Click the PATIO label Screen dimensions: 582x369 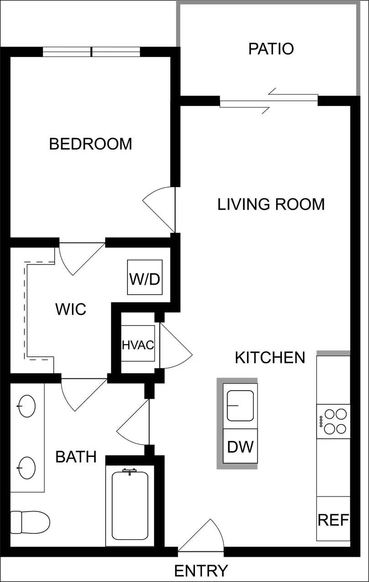(x=271, y=49)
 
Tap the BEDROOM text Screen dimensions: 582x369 (x=90, y=144)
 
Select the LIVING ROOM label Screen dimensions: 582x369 (x=271, y=204)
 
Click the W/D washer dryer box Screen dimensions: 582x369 (x=144, y=277)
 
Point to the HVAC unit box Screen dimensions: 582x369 (x=138, y=344)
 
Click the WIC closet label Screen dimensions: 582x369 (x=71, y=309)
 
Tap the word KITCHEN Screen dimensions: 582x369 (x=270, y=357)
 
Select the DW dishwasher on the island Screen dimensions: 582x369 (x=240, y=447)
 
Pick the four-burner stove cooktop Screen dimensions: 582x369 (x=333, y=421)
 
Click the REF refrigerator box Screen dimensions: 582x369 (x=333, y=519)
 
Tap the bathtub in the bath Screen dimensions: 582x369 (x=130, y=505)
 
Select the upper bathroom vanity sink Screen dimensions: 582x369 (x=26, y=405)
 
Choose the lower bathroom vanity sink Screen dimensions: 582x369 (x=26, y=467)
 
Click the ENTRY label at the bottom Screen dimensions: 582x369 (x=201, y=570)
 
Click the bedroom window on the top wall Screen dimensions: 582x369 (x=91, y=52)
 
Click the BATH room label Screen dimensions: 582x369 (x=76, y=457)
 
